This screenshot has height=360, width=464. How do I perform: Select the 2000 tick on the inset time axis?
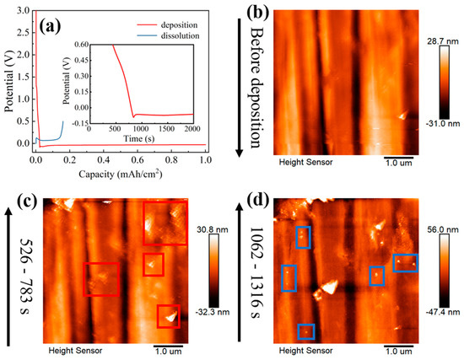[x=192, y=126]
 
